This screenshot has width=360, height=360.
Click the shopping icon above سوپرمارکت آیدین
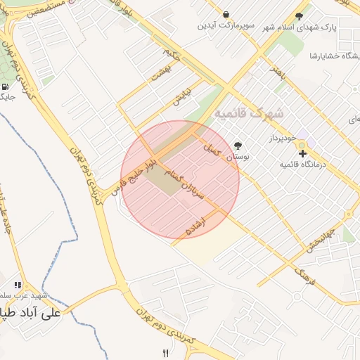tap(226, 13)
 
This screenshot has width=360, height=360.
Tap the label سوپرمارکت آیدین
tap(224, 26)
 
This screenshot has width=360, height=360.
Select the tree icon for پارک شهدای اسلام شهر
tap(300, 15)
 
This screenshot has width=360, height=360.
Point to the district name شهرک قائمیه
tap(250, 112)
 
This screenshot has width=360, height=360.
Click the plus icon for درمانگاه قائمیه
tap(302, 153)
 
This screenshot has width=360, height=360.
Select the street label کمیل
tap(212, 148)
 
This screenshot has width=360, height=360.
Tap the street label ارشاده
tap(195, 226)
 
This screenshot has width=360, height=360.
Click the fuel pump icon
tap(6, 87)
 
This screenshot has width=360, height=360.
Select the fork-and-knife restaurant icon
tap(166, 353)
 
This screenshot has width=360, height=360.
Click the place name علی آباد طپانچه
tap(32, 313)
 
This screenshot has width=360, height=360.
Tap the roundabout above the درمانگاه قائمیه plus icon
tap(302, 145)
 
